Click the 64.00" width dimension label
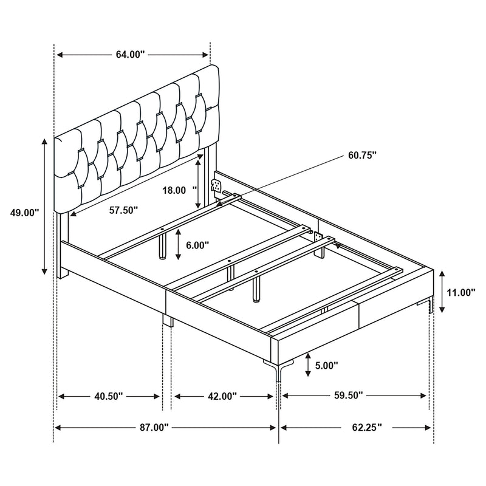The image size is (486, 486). (x=130, y=55)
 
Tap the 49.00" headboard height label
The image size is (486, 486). (x=24, y=213)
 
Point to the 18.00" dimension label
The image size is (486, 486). (x=174, y=190)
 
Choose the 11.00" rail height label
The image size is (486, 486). (x=460, y=292)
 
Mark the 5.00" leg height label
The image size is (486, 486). (x=327, y=365)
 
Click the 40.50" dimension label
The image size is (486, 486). (x=109, y=396)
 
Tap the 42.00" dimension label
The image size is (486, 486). (x=222, y=396)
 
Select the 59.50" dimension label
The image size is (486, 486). (x=349, y=395)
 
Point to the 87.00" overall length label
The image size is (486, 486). (x=152, y=427)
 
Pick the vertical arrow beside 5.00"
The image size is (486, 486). (x=309, y=364)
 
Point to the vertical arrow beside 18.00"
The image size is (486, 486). (x=199, y=182)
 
